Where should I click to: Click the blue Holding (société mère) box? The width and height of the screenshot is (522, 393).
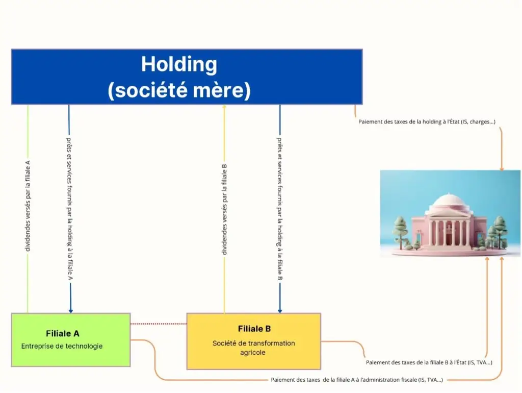(x=187, y=77)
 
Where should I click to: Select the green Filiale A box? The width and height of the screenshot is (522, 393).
(x=70, y=339)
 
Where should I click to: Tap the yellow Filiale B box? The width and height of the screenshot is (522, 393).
(x=253, y=341)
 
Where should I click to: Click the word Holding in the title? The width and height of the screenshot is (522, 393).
(x=179, y=65)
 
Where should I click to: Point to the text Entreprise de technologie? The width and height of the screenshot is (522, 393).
(x=62, y=346)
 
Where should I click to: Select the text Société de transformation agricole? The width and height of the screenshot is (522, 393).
(x=253, y=348)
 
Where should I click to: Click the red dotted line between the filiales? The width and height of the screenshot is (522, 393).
(x=159, y=324)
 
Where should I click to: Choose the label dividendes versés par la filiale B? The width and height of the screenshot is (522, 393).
(x=224, y=209)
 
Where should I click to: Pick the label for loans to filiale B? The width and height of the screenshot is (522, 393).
(x=279, y=208)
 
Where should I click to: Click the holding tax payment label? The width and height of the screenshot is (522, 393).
(x=427, y=121)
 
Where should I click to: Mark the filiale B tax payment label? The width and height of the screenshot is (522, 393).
(x=429, y=362)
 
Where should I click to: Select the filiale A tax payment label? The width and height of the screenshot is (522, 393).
(x=357, y=380)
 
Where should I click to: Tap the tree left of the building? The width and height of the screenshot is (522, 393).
(x=401, y=229)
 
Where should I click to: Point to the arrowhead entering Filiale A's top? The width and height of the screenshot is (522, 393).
(x=70, y=310)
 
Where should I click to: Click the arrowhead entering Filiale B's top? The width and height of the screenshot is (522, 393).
(x=279, y=310)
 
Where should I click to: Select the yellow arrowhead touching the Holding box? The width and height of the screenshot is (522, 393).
(x=224, y=107)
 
